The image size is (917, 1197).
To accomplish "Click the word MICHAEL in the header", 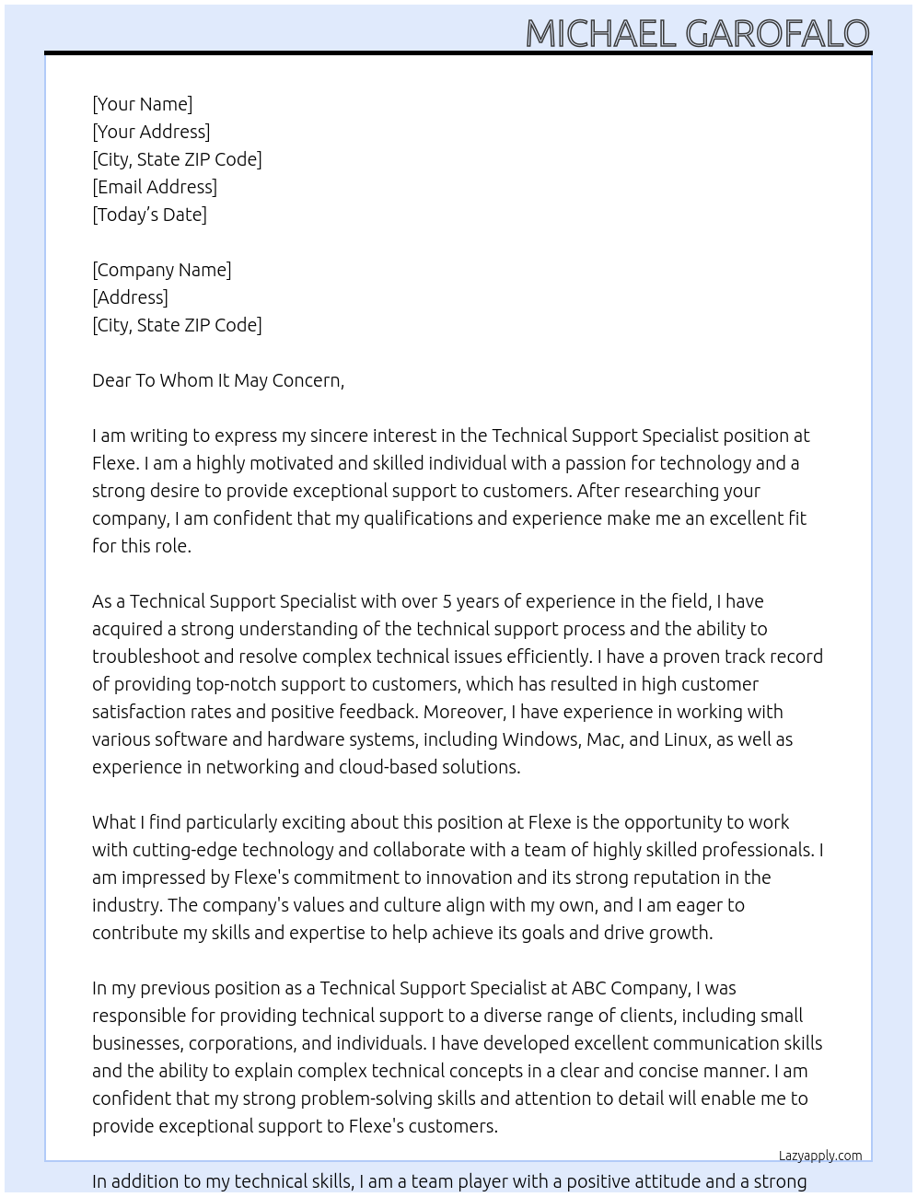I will tap(600, 34).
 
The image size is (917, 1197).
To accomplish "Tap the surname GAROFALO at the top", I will tap(777, 34).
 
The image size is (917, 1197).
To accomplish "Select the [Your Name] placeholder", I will tap(142, 104).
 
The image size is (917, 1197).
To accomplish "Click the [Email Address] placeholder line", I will tap(155, 187).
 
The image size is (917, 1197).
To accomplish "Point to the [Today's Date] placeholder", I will tap(149, 215).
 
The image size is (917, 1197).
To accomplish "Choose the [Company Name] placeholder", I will tap(162, 270).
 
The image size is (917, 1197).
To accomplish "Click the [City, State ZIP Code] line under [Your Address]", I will tap(177, 159).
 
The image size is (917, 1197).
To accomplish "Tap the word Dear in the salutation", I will tap(111, 380).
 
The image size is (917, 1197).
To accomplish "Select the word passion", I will tap(598, 463).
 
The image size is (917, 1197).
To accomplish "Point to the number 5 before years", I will tap(447, 601).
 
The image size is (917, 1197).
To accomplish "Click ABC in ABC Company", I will tap(589, 988).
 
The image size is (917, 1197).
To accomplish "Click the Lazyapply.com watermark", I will tap(820, 1156).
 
